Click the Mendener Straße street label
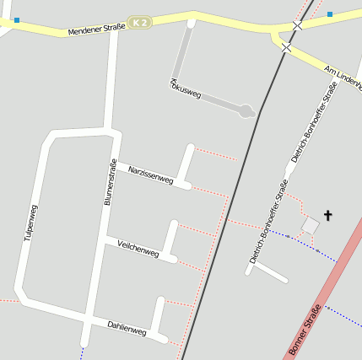tap(96, 29)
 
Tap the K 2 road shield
tap(140, 22)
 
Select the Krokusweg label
tap(186, 89)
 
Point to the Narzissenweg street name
tap(150, 175)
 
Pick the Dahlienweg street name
tap(127, 328)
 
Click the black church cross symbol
tap(327, 217)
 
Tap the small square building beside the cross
tap(311, 226)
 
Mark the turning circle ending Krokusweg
tap(246, 110)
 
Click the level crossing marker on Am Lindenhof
tap(286, 48)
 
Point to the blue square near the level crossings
tap(330, 13)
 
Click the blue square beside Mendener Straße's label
tap(16, 19)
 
